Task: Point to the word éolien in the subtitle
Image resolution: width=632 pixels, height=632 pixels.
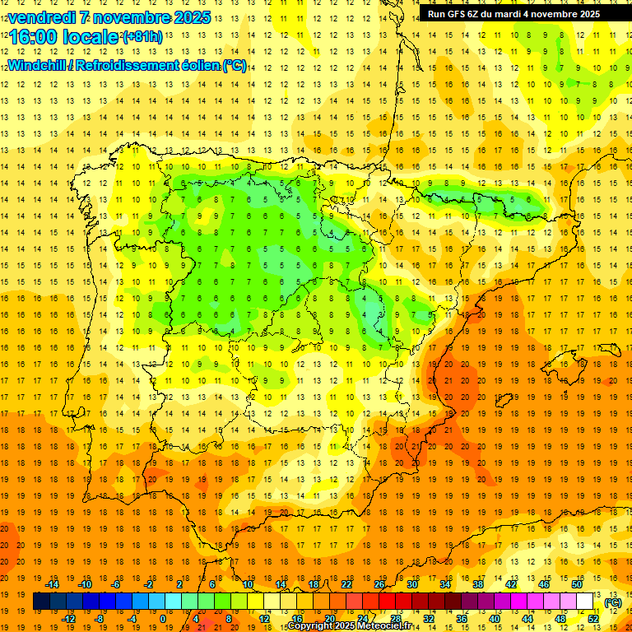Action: tap(199, 66)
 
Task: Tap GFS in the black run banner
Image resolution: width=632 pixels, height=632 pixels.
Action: tap(465, 14)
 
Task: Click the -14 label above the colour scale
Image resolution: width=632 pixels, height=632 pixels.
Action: tap(52, 584)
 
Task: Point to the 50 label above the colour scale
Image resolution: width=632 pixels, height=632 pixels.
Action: tap(576, 584)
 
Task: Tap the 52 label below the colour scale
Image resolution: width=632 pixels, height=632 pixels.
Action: tap(593, 619)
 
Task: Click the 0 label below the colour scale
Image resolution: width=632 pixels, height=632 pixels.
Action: tap(163, 619)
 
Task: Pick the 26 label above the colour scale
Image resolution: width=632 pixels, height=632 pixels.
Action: tap(379, 584)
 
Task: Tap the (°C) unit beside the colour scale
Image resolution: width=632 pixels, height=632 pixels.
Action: tap(613, 602)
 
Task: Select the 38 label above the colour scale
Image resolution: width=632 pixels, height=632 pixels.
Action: tap(477, 584)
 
